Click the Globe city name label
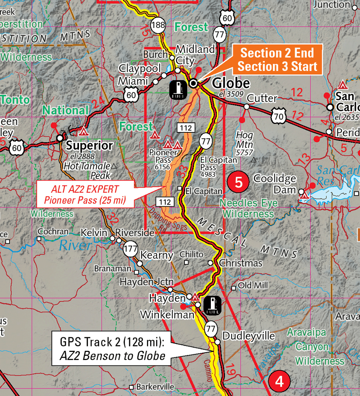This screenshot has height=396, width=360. click(x=231, y=83)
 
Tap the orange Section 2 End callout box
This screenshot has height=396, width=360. click(x=277, y=60)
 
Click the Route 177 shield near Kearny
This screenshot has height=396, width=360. click(x=130, y=249)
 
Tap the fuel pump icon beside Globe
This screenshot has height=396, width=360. click(x=178, y=90)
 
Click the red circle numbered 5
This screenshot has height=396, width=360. click(x=238, y=182)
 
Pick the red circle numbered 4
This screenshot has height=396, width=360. click(x=279, y=382)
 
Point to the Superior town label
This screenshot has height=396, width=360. click(x=89, y=146)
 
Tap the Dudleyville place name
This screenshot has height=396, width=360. click(x=249, y=336)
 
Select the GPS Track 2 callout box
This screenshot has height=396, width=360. click(x=112, y=348)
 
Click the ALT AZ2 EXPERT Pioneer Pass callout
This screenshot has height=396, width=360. click(x=84, y=195)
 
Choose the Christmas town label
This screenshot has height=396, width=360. click(x=241, y=263)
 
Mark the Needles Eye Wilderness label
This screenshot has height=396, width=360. click(x=248, y=208)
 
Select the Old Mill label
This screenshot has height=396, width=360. click(x=253, y=285)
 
